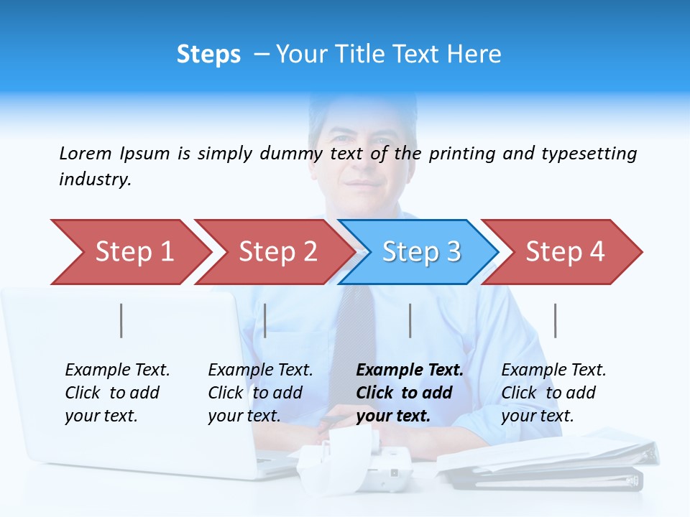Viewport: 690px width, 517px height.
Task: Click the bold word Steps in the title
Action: [208, 55]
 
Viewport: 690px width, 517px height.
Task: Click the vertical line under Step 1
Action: [121, 320]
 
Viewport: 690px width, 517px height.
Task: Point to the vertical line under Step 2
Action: [265, 320]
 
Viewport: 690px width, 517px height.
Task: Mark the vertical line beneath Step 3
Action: [410, 320]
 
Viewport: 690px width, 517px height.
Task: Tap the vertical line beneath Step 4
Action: [555, 320]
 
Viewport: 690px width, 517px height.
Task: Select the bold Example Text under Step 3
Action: [409, 393]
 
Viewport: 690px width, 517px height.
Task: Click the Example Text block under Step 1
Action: [117, 393]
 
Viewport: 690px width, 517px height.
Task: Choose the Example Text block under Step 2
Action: [260, 393]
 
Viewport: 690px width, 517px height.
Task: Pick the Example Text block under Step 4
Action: [553, 393]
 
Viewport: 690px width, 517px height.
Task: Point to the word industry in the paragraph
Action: [94, 180]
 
